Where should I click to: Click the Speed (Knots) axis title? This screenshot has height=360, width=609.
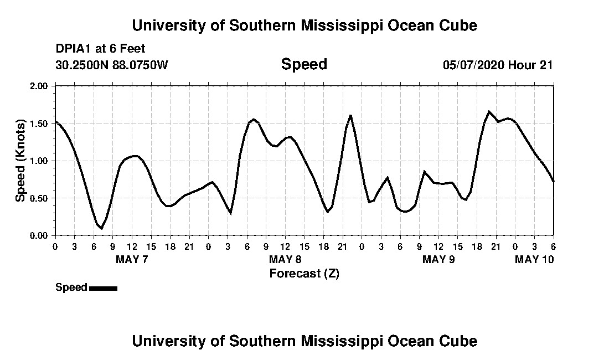point(20,160)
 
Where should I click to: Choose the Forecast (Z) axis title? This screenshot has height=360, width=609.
point(304,273)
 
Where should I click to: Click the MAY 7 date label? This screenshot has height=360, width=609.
point(132,260)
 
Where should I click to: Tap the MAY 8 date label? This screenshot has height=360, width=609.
point(285,260)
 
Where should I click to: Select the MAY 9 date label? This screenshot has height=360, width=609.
point(438,260)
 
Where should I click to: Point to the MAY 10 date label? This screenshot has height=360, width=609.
point(534,260)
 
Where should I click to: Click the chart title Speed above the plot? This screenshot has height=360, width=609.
point(304,64)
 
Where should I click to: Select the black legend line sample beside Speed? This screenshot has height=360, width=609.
point(103,288)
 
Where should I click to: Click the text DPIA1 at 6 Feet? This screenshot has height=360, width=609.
point(100,49)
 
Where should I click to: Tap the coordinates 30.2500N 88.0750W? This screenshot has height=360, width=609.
point(111,65)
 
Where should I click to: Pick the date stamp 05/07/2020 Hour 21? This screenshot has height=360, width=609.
point(498,65)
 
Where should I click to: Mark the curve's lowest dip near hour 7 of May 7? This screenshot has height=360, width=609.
point(101,228)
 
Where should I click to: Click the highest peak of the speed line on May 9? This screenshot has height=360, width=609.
point(489,111)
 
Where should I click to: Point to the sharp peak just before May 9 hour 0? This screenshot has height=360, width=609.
point(350,115)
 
